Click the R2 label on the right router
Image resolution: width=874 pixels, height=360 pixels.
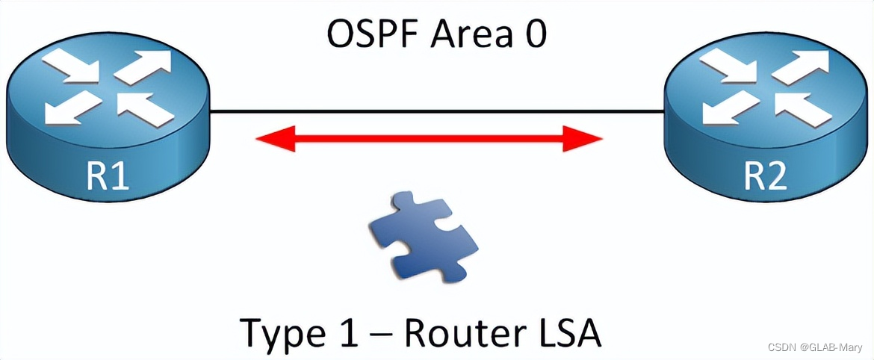tap(766, 178)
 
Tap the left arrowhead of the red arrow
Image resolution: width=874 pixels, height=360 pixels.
tap(273, 138)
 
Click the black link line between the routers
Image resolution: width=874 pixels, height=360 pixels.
tap(437, 112)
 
